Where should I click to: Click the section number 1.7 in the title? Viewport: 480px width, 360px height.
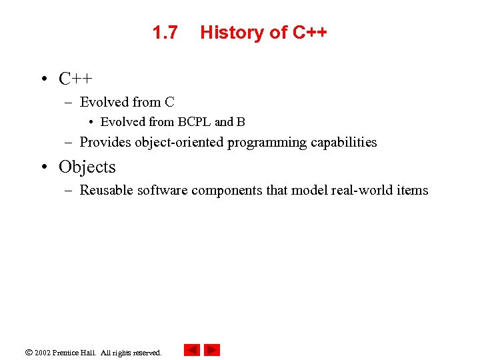coord(165,32)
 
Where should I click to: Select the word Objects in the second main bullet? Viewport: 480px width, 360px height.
coord(87,167)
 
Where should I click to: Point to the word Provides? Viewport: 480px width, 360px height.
coord(105,142)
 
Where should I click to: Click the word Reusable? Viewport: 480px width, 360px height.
coord(107,190)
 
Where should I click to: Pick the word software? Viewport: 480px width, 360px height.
coord(162,190)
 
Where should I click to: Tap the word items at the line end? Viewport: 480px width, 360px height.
coord(413,190)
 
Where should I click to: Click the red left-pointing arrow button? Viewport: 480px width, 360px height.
coord(191,350)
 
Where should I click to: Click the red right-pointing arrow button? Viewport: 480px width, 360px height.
coord(212,350)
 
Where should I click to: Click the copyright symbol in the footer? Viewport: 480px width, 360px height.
coord(28,352)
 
